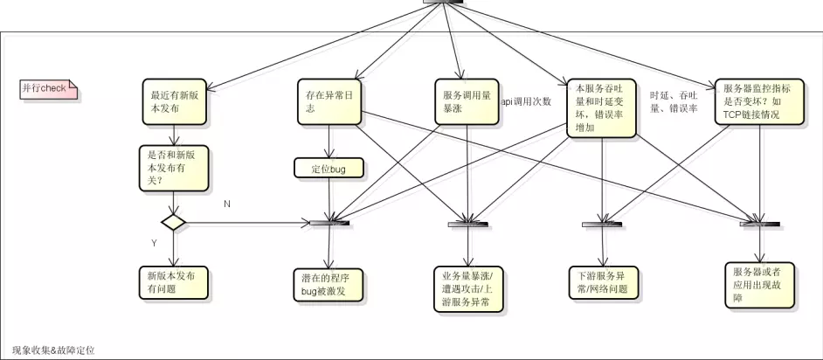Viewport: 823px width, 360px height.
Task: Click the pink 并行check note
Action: [48, 88]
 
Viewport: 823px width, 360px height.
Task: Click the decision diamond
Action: [174, 222]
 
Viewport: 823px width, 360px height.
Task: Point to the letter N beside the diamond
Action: [227, 203]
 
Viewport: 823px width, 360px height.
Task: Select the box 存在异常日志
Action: [328, 102]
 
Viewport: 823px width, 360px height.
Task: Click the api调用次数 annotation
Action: [525, 101]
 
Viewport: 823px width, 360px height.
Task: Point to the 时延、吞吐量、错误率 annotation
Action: [674, 101]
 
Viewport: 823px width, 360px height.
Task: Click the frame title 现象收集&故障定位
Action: [53, 350]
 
